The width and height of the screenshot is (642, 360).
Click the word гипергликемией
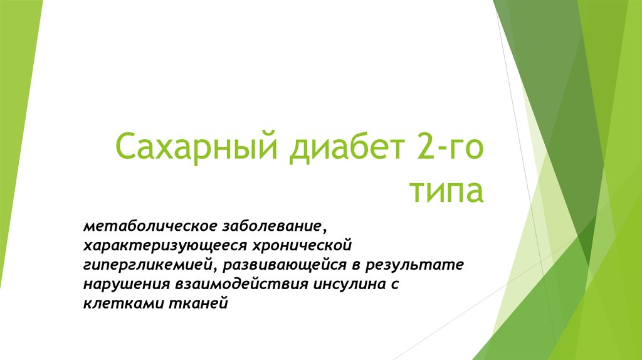(149, 264)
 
